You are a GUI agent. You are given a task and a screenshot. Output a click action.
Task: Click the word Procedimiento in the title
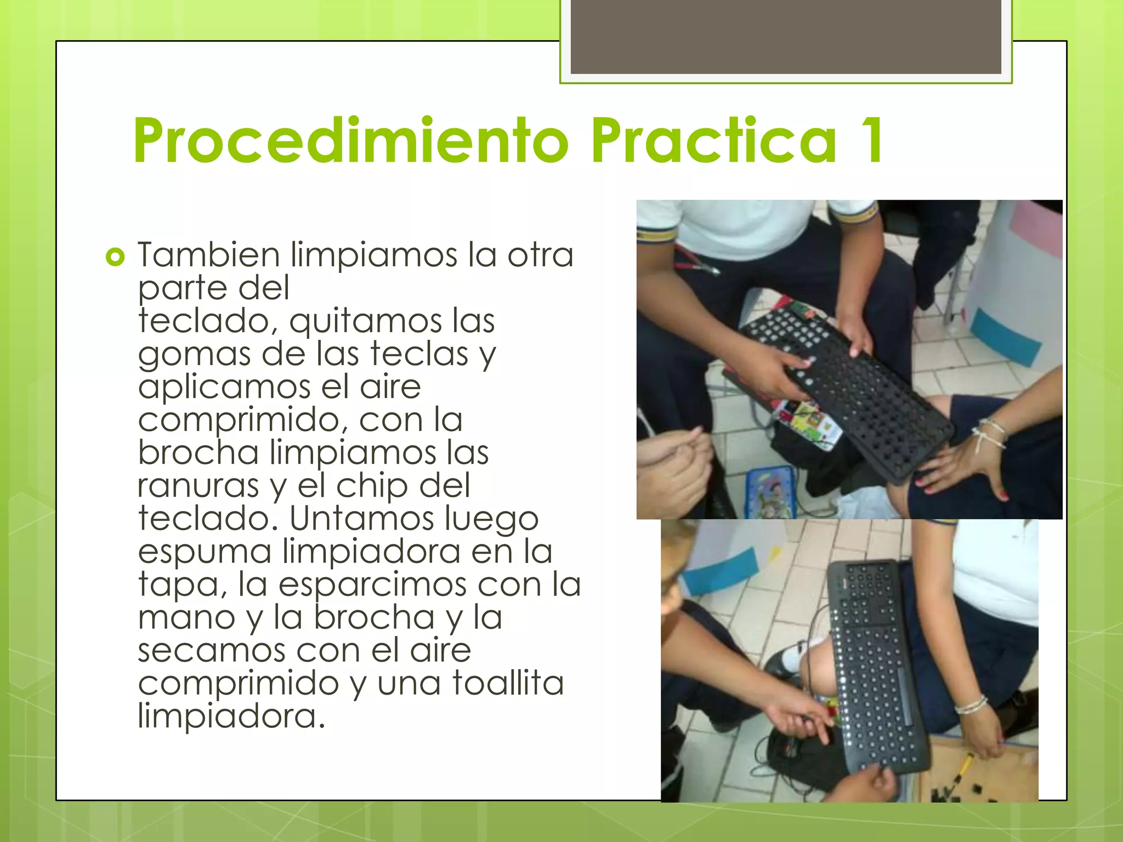pyautogui.click(x=351, y=140)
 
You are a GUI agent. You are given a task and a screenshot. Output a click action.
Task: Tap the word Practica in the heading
pyautogui.click(x=713, y=140)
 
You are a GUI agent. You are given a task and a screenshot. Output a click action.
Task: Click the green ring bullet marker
pyautogui.click(x=115, y=257)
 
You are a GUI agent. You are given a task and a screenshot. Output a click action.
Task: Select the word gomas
pyautogui.click(x=194, y=355)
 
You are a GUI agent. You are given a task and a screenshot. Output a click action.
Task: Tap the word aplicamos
pyautogui.click(x=224, y=388)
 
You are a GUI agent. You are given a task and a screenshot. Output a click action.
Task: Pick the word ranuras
pyautogui.click(x=197, y=486)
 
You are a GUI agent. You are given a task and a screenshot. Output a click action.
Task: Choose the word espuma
pyautogui.click(x=205, y=553)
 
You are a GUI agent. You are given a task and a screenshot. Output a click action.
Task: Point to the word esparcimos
pyautogui.click(x=373, y=585)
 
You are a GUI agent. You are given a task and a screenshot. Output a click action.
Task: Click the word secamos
pyautogui.click(x=211, y=651)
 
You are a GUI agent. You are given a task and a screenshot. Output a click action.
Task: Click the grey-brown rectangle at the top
pyautogui.click(x=786, y=36)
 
